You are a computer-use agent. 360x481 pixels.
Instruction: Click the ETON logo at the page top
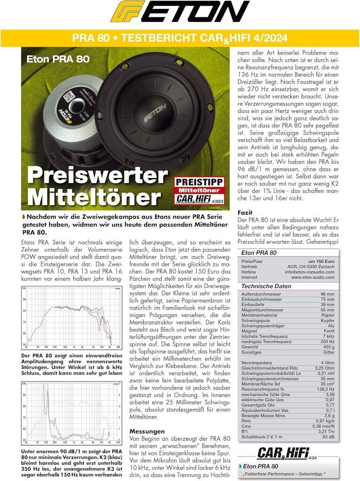(180, 12)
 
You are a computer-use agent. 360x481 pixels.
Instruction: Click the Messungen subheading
(147, 431)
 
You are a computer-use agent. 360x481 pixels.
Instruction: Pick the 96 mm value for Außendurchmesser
(327, 295)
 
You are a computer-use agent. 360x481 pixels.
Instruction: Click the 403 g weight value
(328, 346)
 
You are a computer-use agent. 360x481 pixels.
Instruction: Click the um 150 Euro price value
(321, 261)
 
